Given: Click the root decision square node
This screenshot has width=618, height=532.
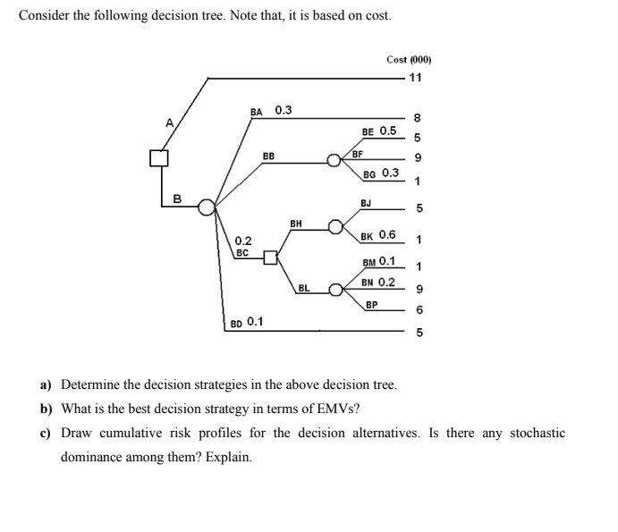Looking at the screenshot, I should click(159, 158).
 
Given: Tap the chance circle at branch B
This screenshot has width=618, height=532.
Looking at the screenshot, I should click(207, 207).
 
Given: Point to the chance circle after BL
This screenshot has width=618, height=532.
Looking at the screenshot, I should click(335, 290).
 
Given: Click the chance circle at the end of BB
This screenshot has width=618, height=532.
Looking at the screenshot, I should click(334, 162).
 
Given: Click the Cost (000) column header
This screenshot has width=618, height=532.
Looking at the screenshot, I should click(409, 60).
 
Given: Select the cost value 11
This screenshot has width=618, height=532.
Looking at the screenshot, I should click(415, 77).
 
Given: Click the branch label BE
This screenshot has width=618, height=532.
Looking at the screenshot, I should click(368, 131).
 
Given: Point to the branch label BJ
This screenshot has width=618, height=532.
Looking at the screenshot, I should click(367, 203).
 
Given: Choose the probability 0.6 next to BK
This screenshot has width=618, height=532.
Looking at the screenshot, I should click(388, 235).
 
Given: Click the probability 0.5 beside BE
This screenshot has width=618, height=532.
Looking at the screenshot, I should click(387, 131).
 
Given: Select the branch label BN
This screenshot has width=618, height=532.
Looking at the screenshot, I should click(368, 283).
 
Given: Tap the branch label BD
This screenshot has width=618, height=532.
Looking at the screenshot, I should click(236, 323).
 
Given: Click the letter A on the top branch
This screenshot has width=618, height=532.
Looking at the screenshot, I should click(166, 123).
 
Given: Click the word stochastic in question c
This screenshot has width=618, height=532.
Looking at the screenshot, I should click(537, 434).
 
